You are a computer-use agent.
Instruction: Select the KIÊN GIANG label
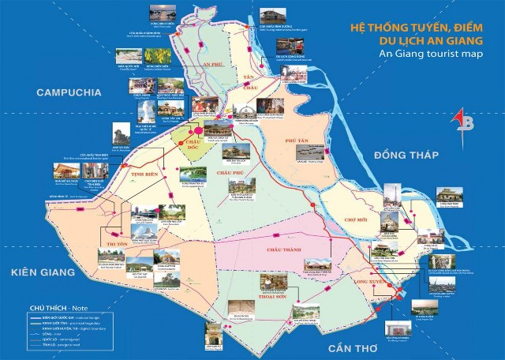pos(43,272)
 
